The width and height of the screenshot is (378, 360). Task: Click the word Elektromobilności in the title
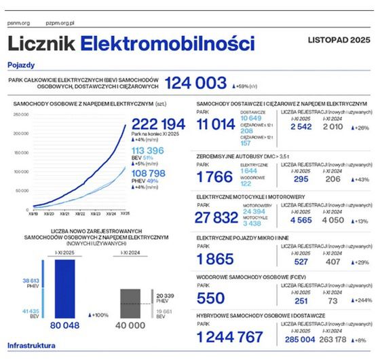pos(167,45)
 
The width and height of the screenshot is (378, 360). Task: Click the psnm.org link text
pos(18,22)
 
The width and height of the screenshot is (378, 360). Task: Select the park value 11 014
pos(215,124)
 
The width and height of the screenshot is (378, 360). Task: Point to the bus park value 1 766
pos(215,177)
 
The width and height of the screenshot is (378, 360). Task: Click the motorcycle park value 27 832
pos(219,217)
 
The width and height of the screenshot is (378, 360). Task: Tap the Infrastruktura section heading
pos(31,345)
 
